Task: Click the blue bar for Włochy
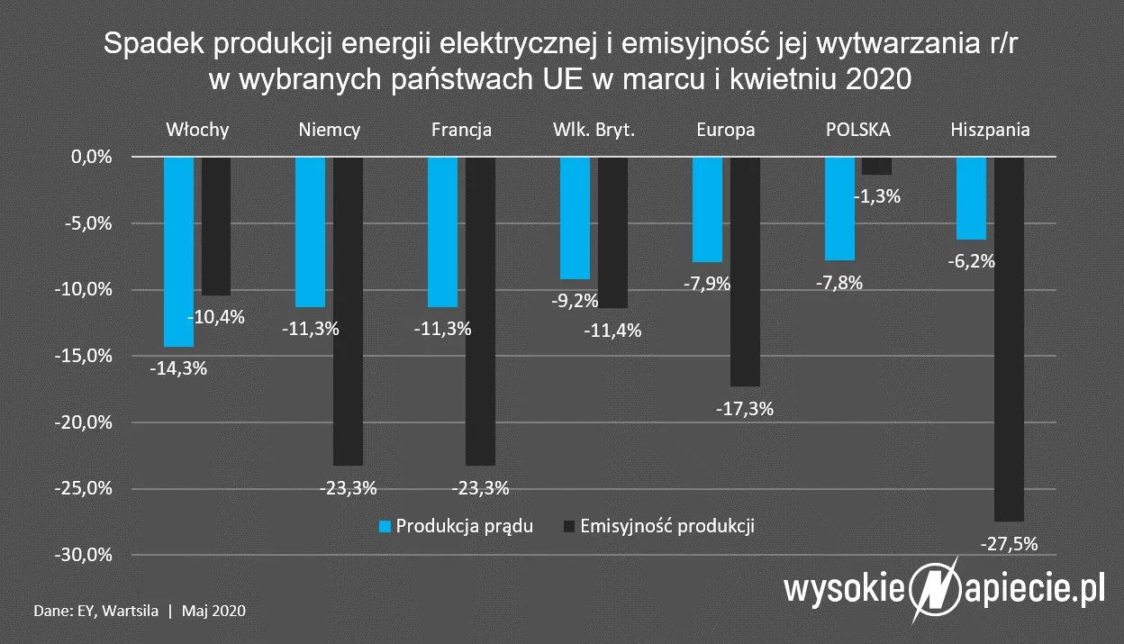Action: [179, 251]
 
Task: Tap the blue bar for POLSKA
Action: [839, 208]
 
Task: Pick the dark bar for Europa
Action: [745, 271]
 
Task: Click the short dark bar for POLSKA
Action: [876, 166]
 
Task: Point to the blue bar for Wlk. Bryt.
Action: [575, 218]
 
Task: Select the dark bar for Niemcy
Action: [347, 311]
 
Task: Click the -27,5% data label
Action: [1008, 543]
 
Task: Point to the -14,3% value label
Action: [177, 367]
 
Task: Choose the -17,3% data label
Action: [744, 408]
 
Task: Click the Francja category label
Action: [461, 130]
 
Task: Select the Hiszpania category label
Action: [990, 130]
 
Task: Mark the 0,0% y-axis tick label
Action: [91, 157]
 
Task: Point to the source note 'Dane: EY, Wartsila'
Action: [98, 611]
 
